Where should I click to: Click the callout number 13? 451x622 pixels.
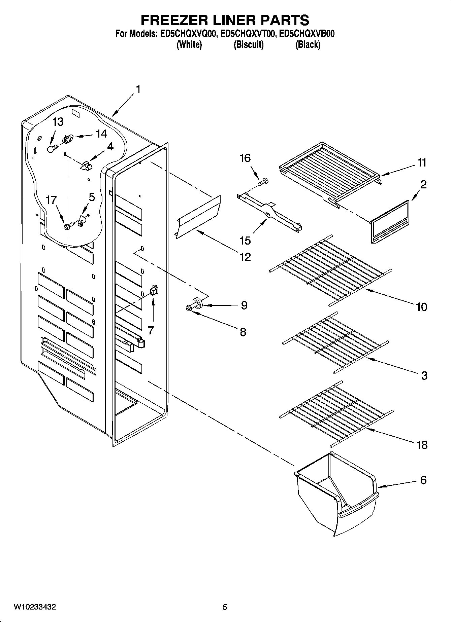point(58,122)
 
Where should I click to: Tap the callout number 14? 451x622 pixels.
point(101,134)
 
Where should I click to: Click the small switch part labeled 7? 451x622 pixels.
point(154,290)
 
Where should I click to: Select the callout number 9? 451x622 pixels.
point(244,305)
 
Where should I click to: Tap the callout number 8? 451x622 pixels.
point(243,332)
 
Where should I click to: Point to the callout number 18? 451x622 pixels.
point(422,445)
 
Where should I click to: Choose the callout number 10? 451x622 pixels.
point(422,306)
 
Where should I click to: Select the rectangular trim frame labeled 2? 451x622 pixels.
point(390,222)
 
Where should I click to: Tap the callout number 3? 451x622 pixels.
point(424,375)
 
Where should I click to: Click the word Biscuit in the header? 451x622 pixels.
point(249,44)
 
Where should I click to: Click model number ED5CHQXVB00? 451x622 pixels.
point(308,34)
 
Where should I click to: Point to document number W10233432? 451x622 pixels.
point(35,607)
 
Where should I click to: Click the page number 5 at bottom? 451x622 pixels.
point(225,607)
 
